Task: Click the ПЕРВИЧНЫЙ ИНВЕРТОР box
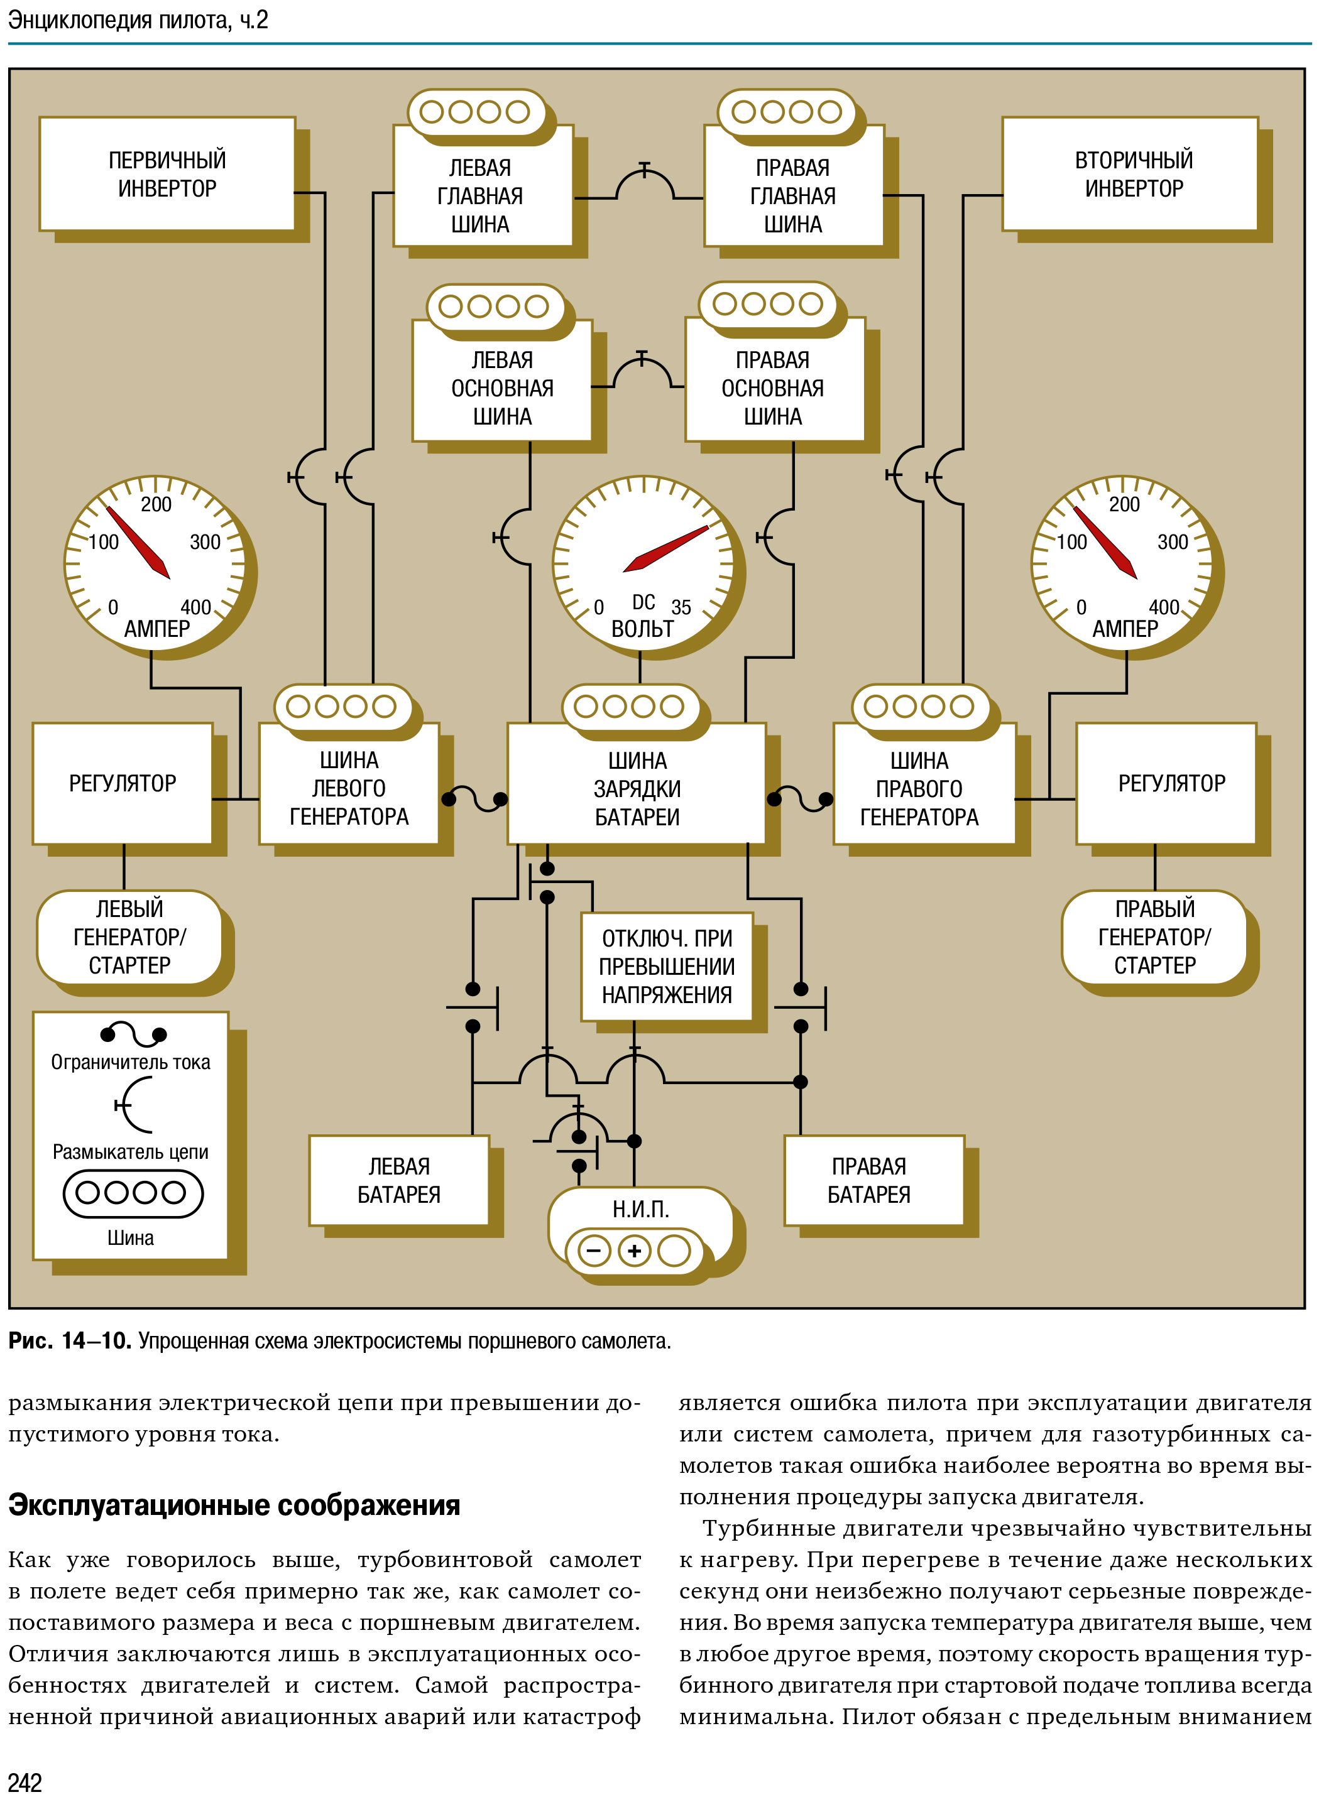(167, 173)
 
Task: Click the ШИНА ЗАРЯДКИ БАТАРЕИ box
(637, 784)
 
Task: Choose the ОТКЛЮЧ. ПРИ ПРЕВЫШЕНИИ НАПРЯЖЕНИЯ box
(667, 966)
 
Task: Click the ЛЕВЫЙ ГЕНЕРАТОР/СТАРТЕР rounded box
(130, 937)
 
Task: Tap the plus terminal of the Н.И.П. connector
(635, 1251)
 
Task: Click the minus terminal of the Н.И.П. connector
(593, 1251)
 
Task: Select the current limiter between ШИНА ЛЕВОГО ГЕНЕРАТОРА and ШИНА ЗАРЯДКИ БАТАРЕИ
(475, 798)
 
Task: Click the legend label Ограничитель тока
(131, 1062)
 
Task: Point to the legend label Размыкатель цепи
(131, 1152)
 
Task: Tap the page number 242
(25, 1782)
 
